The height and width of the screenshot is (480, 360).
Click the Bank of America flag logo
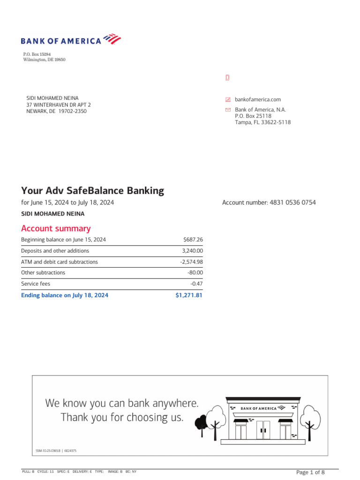[112, 38]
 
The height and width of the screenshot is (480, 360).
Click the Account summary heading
[56, 228]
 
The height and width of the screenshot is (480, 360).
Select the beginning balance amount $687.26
[193, 240]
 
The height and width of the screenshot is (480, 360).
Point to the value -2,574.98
[191, 262]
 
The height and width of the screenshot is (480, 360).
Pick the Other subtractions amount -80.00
[195, 273]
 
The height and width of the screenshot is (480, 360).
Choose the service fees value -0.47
[196, 284]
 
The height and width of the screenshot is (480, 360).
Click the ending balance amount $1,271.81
[189, 295]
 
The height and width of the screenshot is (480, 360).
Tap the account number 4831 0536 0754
[292, 202]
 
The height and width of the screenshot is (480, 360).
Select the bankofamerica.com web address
[257, 99]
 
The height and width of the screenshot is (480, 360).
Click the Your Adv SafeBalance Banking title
[93, 191]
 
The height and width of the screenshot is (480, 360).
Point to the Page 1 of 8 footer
[310, 472]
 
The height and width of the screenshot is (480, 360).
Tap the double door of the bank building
[263, 430]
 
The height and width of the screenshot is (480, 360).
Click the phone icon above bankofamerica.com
[227, 78]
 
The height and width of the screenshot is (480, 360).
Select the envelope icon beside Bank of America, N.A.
[228, 110]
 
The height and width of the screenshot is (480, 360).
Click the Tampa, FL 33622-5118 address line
[262, 122]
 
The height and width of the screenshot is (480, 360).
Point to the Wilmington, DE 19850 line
[44, 60]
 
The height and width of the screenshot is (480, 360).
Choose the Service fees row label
[36, 284]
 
